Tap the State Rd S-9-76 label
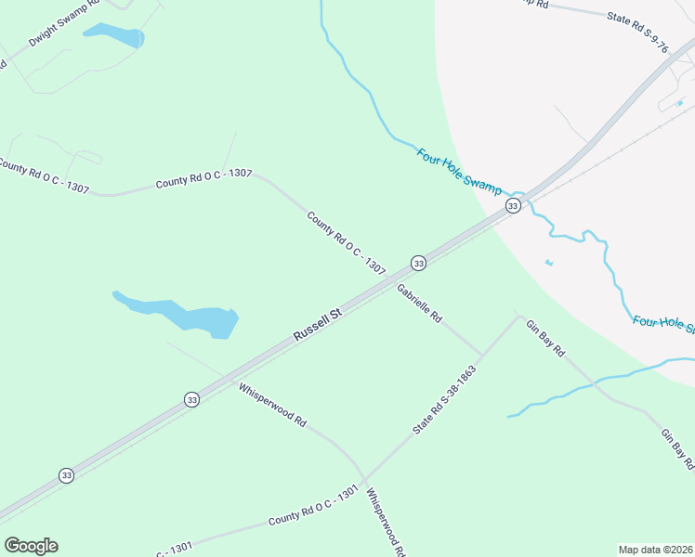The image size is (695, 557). (637, 31)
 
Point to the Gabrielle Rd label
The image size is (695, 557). (419, 304)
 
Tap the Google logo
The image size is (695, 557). (31, 546)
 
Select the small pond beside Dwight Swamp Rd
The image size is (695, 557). (114, 36)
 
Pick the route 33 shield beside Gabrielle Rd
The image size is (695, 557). (419, 264)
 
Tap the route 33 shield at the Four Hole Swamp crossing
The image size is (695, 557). (512, 204)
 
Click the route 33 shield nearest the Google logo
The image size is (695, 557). (66, 475)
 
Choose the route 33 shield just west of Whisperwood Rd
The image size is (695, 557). (191, 399)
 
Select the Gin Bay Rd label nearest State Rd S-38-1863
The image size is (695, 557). (545, 339)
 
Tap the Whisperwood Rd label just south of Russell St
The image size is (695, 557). (272, 405)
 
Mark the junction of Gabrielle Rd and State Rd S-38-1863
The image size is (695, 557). (481, 355)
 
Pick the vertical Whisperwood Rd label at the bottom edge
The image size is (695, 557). (386, 523)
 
